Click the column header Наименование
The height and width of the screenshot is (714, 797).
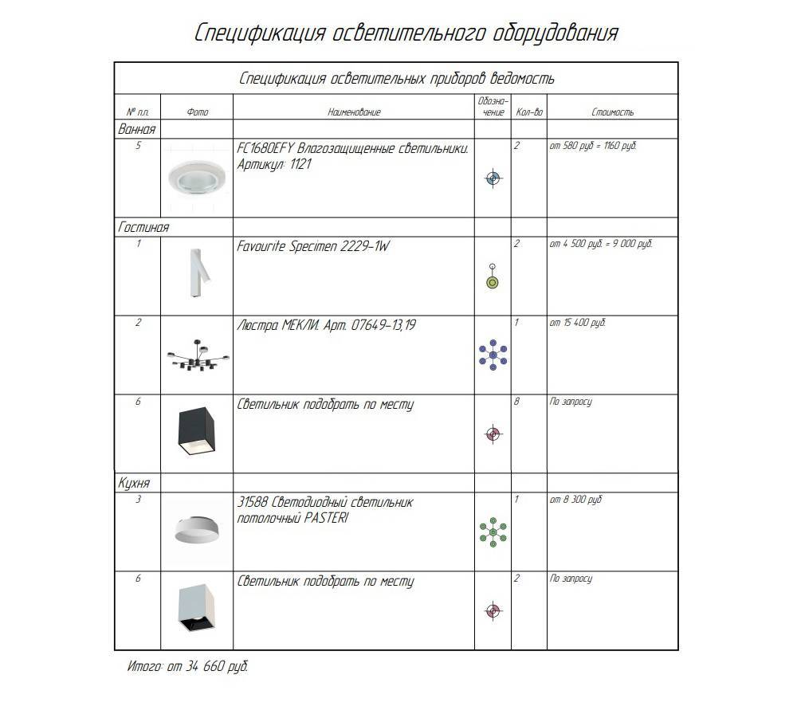click(354, 112)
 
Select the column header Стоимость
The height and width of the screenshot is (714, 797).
click(612, 112)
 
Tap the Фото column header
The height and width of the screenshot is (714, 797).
click(197, 112)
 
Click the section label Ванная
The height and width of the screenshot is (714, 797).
click(136, 129)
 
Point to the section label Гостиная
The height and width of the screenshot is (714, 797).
click(143, 228)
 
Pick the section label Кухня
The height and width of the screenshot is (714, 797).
click(134, 483)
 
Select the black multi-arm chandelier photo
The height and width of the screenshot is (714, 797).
click(197, 357)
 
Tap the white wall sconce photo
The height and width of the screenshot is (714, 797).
click(195, 273)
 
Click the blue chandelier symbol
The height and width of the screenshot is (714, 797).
click(493, 355)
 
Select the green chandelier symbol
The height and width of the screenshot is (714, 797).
click(493, 531)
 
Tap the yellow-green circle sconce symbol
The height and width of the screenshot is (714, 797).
click(493, 281)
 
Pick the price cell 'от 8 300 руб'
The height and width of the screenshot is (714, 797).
click(575, 500)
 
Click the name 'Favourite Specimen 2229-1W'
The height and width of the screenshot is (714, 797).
click(314, 246)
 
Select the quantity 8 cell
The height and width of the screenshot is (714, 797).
click(516, 402)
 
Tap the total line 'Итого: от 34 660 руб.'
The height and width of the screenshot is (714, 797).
click(187, 666)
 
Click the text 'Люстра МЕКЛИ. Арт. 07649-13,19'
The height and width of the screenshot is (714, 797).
click(326, 325)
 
